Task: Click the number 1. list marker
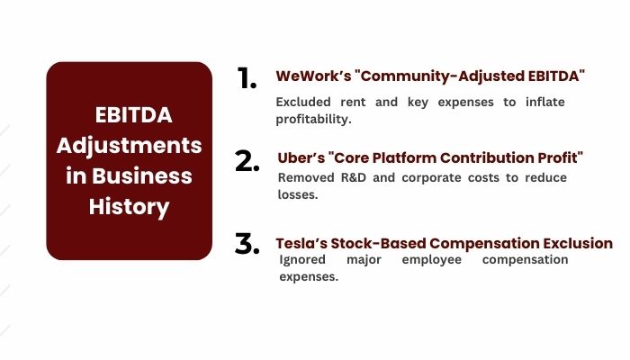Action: pos(247,78)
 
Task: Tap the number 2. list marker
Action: pos(247,161)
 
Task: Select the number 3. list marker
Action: pos(247,244)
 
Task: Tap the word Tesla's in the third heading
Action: pos(299,243)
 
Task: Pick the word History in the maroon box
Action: pos(129,206)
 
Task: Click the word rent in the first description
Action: pos(353,102)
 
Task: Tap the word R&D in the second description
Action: pos(349,176)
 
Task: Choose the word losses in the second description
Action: pos(300,193)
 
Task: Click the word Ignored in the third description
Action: pos(303,259)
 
